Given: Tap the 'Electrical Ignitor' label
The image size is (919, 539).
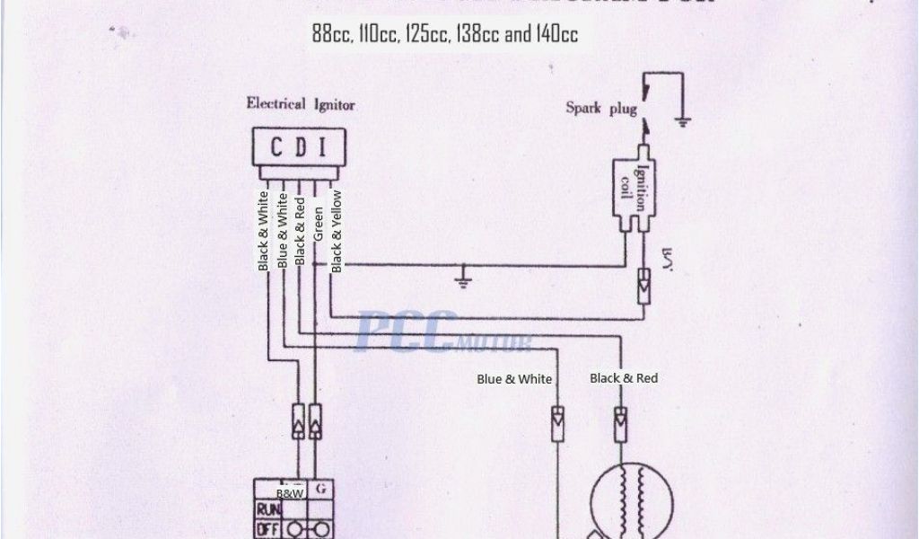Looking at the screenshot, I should click(x=301, y=104).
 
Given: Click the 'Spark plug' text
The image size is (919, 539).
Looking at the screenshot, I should click(x=600, y=108).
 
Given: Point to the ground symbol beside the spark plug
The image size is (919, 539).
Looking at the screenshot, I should click(x=684, y=119).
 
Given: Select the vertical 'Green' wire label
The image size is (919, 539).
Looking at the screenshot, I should click(x=318, y=225).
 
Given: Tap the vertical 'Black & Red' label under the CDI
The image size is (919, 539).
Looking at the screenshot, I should click(x=300, y=233).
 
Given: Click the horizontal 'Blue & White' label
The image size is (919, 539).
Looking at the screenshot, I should click(x=514, y=379).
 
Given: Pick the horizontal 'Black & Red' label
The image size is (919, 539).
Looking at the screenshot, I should click(x=624, y=378).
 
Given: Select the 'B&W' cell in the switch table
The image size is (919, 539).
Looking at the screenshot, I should click(x=289, y=494).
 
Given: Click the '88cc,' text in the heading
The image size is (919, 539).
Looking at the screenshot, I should click(x=332, y=35).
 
